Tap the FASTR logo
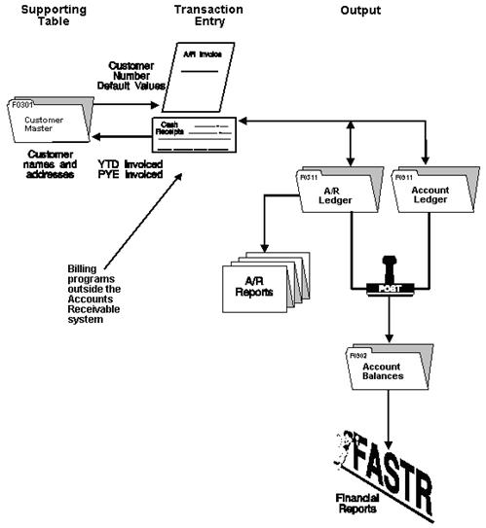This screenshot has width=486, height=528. pos(386,458)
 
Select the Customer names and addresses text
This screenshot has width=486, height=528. pos(50,167)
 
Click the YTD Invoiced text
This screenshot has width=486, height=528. pos(130,165)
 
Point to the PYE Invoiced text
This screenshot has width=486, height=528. pos(130,176)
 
